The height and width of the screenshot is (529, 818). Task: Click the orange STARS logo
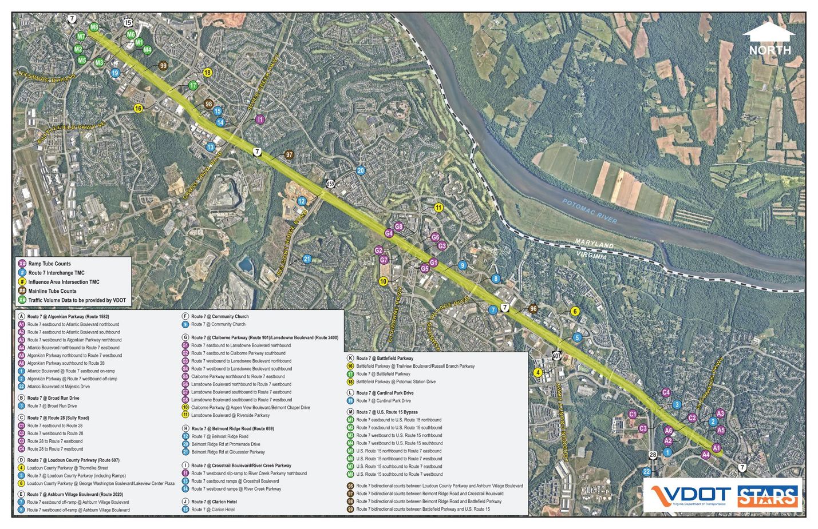pyautogui.click(x=768, y=496)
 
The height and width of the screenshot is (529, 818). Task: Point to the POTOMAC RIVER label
pyautogui.click(x=589, y=211)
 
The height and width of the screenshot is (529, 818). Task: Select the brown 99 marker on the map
pyautogui.click(x=163, y=66)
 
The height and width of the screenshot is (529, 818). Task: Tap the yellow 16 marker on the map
pyautogui.click(x=139, y=108)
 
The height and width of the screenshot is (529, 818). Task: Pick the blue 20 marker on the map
pyautogui.click(x=361, y=170)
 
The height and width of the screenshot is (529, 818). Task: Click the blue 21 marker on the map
pyautogui.click(x=307, y=258)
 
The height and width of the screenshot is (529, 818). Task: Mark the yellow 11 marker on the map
pyautogui.click(x=438, y=208)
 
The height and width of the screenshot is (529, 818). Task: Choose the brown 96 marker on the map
pyautogui.click(x=534, y=309)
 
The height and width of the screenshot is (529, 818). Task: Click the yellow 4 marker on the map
pyautogui.click(x=538, y=372)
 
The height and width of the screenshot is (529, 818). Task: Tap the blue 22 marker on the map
pyautogui.click(x=647, y=471)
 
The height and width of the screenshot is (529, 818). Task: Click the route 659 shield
pyautogui.click(x=330, y=184)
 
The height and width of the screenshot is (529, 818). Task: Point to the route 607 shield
pyautogui.click(x=556, y=355)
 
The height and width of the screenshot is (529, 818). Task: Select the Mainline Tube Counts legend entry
pyautogui.click(x=53, y=291)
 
